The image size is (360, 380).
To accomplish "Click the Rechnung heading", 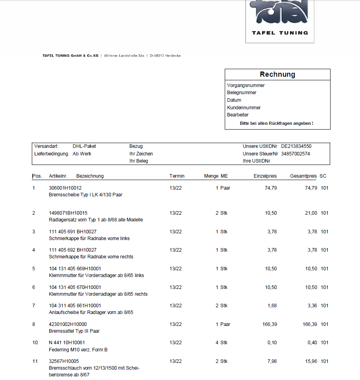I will click(277, 74).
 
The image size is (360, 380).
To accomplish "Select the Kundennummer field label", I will click(244, 107).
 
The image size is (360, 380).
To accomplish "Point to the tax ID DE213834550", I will click(296, 146).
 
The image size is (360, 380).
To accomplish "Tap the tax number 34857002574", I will click(295, 153).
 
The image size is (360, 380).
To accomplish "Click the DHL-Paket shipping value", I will click(84, 146).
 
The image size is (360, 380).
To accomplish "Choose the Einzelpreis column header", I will click(265, 176).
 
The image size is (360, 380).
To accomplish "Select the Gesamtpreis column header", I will click(303, 176).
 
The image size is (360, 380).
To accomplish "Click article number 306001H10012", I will click(65, 188).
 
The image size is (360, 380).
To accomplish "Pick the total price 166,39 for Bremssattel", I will click(310, 324).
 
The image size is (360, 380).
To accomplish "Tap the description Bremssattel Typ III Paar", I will click(74, 331).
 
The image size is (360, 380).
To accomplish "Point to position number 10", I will click(35, 343).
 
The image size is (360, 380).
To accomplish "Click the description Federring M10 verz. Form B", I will click(78, 350).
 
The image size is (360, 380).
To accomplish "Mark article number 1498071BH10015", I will click(68, 213).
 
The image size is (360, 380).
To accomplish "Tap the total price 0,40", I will click(312, 343).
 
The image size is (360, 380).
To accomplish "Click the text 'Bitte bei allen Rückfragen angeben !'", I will click(276, 123).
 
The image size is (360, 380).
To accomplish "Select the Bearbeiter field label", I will click(238, 115).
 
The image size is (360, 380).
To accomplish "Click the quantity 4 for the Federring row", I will click(217, 343).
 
